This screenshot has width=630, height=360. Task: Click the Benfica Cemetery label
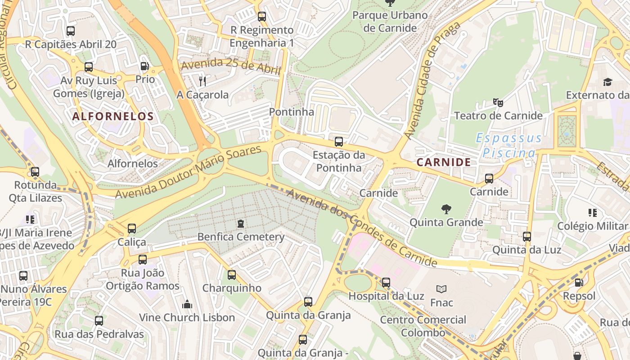tap(241, 237)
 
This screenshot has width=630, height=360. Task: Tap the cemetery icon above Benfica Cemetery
tap(241, 223)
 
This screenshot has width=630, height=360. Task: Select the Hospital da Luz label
tap(386, 296)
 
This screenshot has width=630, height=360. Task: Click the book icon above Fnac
tap(441, 289)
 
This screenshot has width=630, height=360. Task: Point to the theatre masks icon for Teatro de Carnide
tap(498, 102)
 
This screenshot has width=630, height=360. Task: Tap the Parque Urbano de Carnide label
tap(390, 21)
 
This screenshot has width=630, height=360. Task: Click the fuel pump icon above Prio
tap(144, 66)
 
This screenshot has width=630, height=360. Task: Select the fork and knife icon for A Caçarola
tap(202, 81)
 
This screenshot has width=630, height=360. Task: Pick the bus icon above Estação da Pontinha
tap(339, 142)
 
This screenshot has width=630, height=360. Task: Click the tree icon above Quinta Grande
tap(446, 209)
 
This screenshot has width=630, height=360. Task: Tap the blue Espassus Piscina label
tap(509, 145)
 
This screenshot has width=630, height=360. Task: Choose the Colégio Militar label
tap(592, 226)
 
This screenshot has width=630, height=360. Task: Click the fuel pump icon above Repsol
tap(579, 283)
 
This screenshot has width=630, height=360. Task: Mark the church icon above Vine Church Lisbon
tap(187, 304)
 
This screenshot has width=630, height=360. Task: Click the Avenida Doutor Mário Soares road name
tap(189, 172)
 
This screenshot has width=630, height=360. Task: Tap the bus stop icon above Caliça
tap(131, 229)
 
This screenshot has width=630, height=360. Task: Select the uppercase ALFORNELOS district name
tap(113, 116)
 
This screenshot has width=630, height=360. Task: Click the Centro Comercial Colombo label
tap(423, 326)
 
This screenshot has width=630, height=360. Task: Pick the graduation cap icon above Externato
tap(607, 82)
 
